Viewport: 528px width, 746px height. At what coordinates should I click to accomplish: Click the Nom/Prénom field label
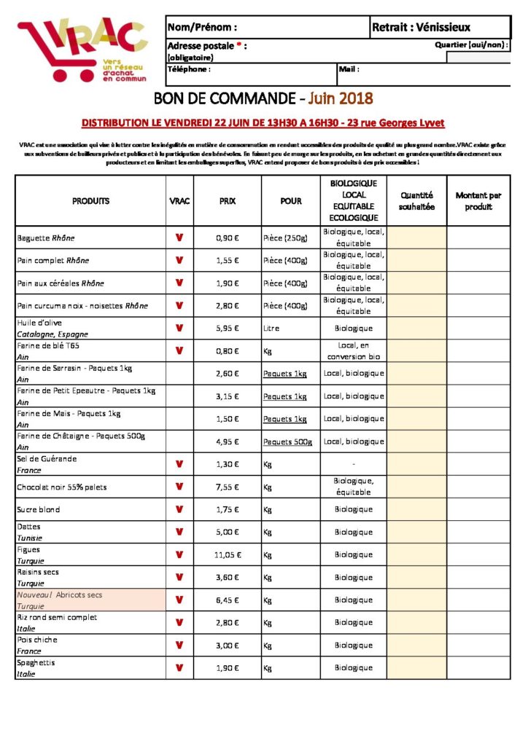tap(202, 28)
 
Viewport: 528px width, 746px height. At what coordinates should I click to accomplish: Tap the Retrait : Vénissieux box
tap(421, 28)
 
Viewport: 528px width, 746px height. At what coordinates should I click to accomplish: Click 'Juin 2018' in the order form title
tap(341, 98)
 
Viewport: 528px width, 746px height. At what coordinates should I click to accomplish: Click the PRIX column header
tap(228, 201)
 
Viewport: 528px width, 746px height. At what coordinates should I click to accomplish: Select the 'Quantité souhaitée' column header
tap(416, 201)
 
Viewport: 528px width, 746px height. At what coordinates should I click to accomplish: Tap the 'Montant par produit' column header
tap(478, 201)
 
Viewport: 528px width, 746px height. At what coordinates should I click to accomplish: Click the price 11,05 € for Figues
tap(228, 555)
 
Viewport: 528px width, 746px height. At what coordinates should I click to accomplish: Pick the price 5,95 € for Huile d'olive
tap(228, 329)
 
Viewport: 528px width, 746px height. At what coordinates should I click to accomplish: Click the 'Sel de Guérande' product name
tap(47, 459)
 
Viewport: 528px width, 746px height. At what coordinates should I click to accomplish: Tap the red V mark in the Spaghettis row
tap(179, 667)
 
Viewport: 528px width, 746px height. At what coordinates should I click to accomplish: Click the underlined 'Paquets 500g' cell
tap(287, 442)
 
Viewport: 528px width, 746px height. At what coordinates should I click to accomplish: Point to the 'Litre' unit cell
tap(271, 329)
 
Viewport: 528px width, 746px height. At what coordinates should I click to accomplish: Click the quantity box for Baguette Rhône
tap(416, 237)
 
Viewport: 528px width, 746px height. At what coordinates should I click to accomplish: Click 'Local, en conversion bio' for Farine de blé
tap(354, 351)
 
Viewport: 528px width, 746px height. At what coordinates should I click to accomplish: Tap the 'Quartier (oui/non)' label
tap(470, 45)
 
